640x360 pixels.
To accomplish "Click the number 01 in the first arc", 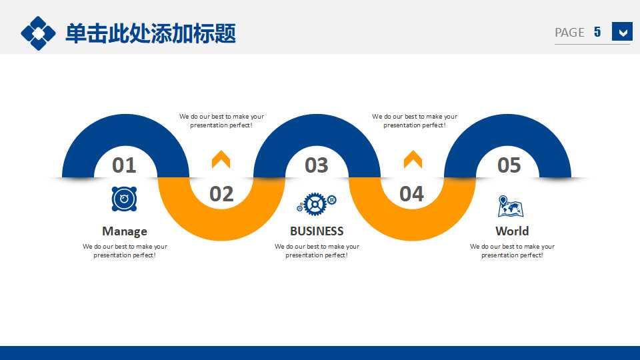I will [x=124, y=165].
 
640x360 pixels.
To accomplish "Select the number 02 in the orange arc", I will [x=221, y=193].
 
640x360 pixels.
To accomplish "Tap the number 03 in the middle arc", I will [x=317, y=165].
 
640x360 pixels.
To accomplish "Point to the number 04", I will [x=411, y=193].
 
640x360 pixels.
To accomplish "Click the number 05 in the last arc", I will [x=509, y=165].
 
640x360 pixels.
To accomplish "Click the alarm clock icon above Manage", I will [x=124, y=199].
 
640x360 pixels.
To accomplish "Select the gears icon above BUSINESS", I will [x=317, y=203].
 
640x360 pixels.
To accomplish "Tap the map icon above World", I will [x=511, y=206].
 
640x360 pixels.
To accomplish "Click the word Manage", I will [x=125, y=231].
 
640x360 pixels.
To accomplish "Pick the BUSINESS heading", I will [x=317, y=231].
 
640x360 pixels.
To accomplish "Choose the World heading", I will [x=512, y=231].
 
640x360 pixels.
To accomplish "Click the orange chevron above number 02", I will [x=221, y=159].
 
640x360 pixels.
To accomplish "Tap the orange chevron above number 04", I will [x=413, y=159].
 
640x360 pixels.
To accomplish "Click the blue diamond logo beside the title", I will [x=38, y=33].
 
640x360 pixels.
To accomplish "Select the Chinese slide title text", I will [x=151, y=33].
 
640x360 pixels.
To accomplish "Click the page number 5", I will [x=597, y=31].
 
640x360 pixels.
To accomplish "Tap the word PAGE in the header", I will [x=569, y=32].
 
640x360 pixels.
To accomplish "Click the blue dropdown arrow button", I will [x=622, y=31].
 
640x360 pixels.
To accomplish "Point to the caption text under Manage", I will [x=125, y=251].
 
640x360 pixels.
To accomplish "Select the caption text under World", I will [x=512, y=251].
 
